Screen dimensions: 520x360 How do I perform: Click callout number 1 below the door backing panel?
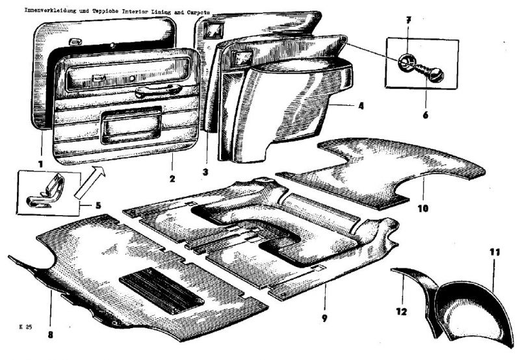pos(40,164)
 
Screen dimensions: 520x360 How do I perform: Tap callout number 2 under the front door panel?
pos(172,179)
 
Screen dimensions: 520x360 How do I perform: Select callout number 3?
pos(205,172)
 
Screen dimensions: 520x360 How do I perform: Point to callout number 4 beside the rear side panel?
pos(361,106)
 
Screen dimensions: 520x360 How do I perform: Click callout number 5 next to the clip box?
pos(98,205)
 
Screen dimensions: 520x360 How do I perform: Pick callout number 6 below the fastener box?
pos(426,115)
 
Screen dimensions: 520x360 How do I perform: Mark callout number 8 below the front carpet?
pos(50,335)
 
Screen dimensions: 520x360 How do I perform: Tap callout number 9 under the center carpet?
pos(324,318)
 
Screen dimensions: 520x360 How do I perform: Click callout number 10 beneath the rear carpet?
pos(423,208)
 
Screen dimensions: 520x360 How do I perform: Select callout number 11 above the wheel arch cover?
pos(495,253)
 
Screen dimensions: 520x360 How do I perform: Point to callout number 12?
pos(401,312)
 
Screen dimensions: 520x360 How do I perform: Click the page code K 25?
pos(26,327)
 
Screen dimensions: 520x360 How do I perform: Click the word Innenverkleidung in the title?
pos(51,10)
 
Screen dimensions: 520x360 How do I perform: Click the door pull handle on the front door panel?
pos(159,90)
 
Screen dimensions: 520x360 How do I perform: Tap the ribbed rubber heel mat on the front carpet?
pos(162,290)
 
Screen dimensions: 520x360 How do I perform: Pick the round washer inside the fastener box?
pos(407,61)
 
